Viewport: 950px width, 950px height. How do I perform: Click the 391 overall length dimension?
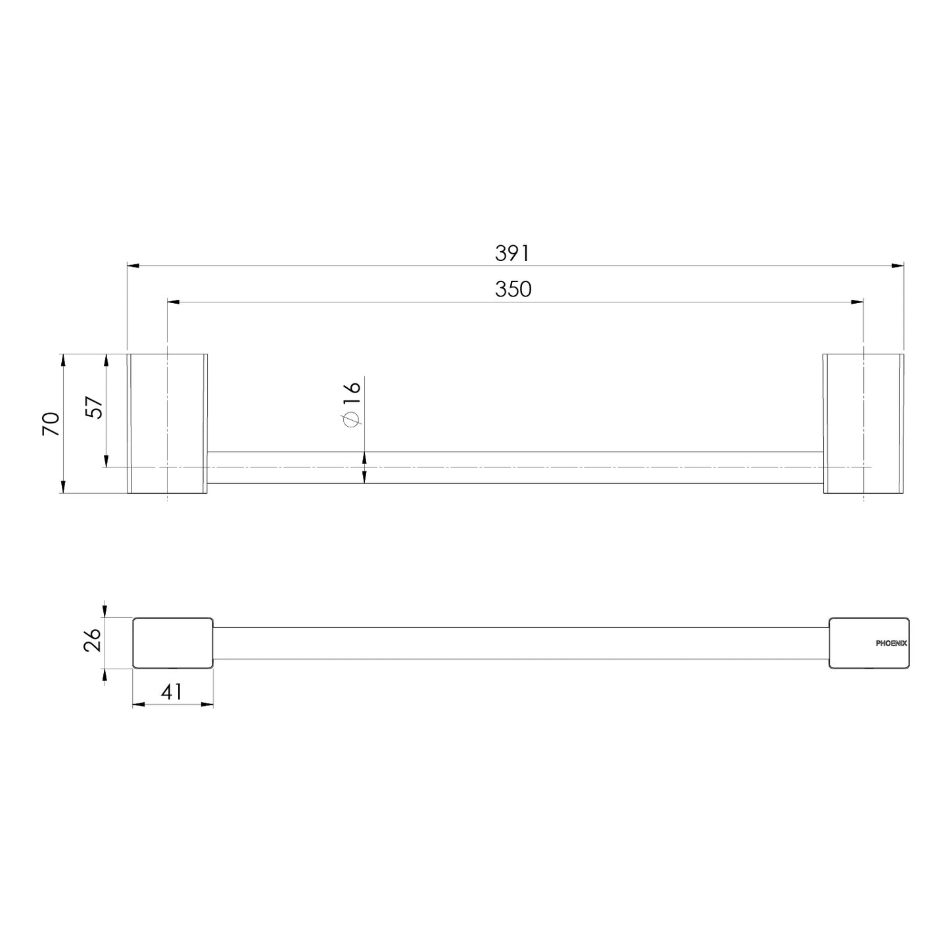pyautogui.click(x=512, y=253)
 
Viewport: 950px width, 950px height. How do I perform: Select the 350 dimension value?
pyautogui.click(x=513, y=289)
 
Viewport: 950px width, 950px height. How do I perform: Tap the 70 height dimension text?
pyautogui.click(x=51, y=424)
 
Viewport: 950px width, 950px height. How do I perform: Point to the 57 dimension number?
pyautogui.click(x=94, y=407)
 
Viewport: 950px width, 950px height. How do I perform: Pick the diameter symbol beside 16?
pyautogui.click(x=351, y=419)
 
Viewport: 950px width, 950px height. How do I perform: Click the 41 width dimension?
pyautogui.click(x=172, y=692)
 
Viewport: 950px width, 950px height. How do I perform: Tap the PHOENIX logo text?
pyautogui.click(x=891, y=644)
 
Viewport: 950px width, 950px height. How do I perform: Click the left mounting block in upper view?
pyautogui.click(x=168, y=423)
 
